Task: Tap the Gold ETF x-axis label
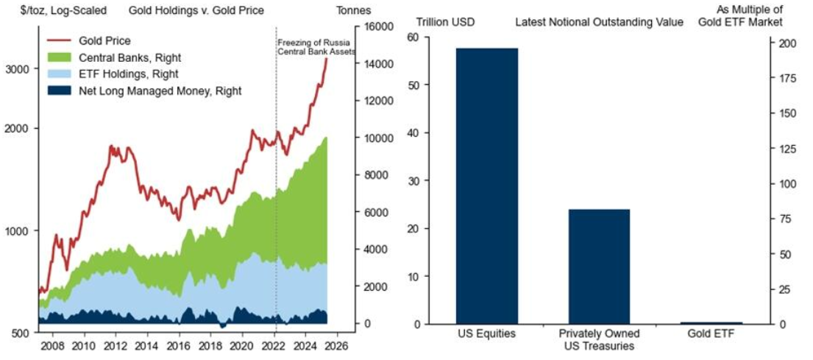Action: pyautogui.click(x=711, y=333)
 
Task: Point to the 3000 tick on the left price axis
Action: pyautogui.click(x=16, y=69)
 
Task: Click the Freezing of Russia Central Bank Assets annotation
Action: pyautogui.click(x=316, y=47)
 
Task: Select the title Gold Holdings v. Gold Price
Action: pyautogui.click(x=196, y=11)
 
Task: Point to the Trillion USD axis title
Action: pyautogui.click(x=446, y=22)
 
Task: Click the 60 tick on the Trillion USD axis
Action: pyautogui.click(x=413, y=38)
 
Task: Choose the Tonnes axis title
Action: pyautogui.click(x=353, y=11)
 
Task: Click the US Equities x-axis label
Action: pyautogui.click(x=486, y=333)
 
